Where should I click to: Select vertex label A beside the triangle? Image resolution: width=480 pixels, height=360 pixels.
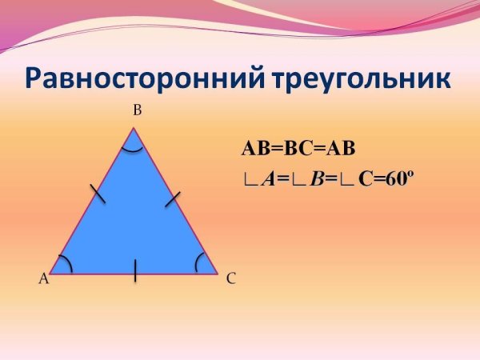click(43, 278)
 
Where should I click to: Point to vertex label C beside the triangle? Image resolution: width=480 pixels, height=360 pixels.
click(230, 278)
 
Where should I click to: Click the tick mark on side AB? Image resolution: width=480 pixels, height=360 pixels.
click(98, 193)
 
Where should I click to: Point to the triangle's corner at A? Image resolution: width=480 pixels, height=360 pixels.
click(50, 273)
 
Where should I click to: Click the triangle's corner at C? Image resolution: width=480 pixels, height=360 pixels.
click(218, 273)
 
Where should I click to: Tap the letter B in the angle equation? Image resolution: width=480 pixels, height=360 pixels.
click(317, 179)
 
